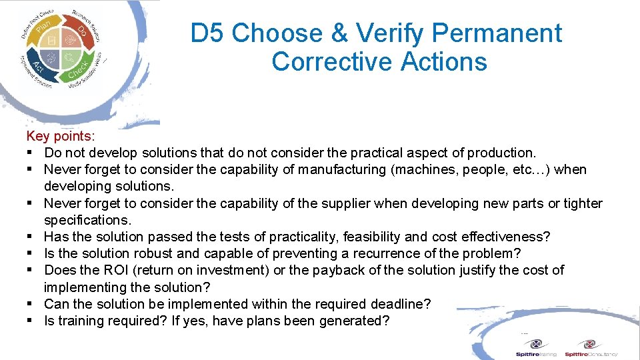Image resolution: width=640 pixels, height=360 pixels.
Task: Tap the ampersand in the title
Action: click(x=341, y=33)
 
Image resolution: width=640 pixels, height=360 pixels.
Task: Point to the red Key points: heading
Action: click(x=61, y=136)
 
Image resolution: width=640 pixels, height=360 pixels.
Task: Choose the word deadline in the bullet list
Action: click(x=401, y=304)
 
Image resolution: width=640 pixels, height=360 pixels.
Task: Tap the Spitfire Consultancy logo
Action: click(x=591, y=347)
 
